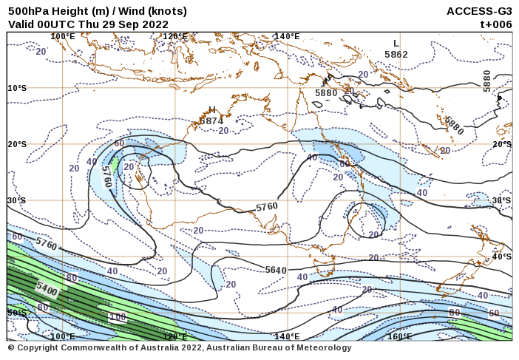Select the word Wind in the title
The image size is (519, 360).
pyautogui.click(x=118, y=11)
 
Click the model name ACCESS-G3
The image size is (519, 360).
pyautogui.click(x=479, y=11)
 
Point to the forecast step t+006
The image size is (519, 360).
pyautogui.click(x=496, y=24)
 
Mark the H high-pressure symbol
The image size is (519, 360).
pyautogui.click(x=212, y=109)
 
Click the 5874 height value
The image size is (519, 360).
pyautogui.click(x=211, y=120)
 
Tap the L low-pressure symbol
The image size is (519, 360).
pyautogui.click(x=396, y=44)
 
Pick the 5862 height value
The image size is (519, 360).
pyautogui.click(x=396, y=54)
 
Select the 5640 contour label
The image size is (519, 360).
pyautogui.click(x=276, y=271)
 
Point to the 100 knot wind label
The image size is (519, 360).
pyautogui.click(x=117, y=316)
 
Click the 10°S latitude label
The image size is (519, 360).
pyautogui.click(x=17, y=88)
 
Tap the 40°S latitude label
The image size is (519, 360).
pyautogui.click(x=501, y=257)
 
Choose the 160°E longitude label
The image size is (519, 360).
pyautogui.click(x=399, y=336)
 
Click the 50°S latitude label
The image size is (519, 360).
pyautogui.click(x=17, y=313)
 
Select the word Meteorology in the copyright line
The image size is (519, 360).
pyautogui.click(x=324, y=347)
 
